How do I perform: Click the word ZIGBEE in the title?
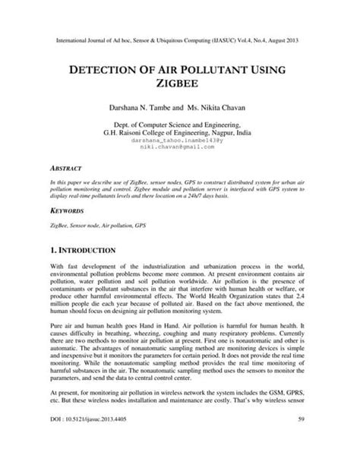(180, 86)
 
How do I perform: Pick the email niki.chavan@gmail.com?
(180, 147)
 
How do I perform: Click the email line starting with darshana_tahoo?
(180, 141)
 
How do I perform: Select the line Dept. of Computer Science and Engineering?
(180, 124)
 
